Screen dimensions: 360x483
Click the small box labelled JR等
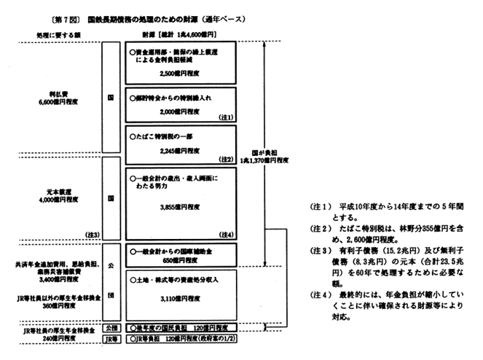point(111,340)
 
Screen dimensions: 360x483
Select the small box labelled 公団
point(111,328)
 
